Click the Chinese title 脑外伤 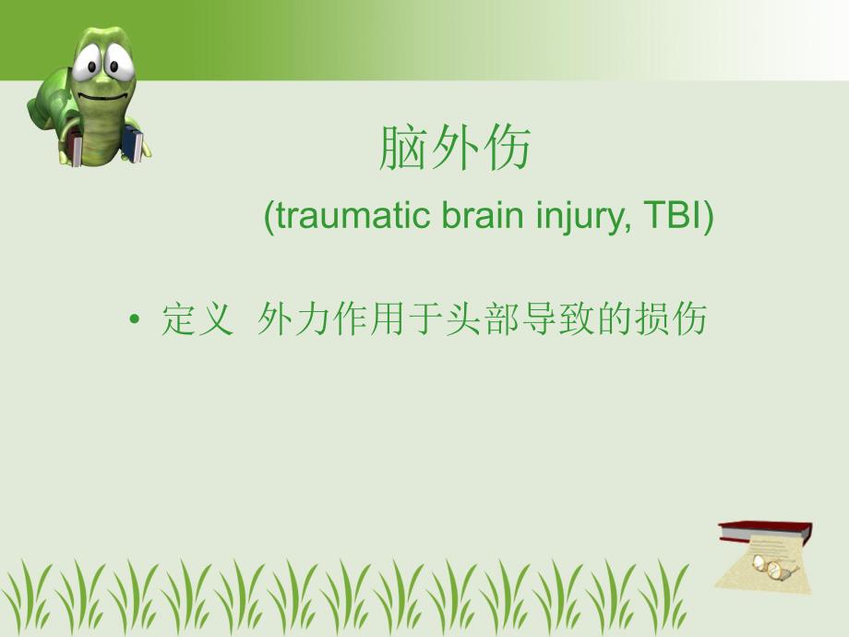coord(455,148)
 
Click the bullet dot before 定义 coord(136,320)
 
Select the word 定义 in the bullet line coord(196,319)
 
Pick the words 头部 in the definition coord(488,319)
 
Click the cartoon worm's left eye coord(87,63)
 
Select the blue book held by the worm coord(134,146)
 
